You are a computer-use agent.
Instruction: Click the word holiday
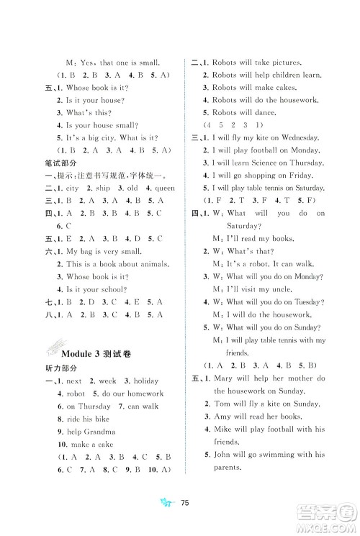[x=143, y=381]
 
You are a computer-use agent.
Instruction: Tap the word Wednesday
[x=295, y=137]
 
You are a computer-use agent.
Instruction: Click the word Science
[x=258, y=162]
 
